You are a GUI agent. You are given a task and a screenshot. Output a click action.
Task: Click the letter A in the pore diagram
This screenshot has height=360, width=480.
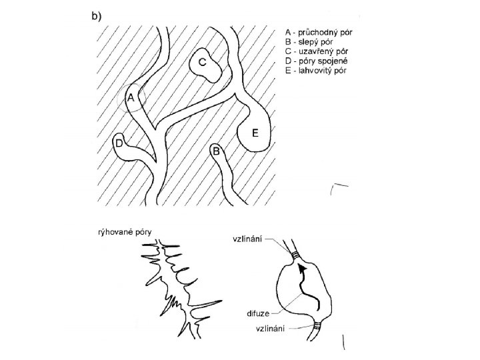(x=131, y=98)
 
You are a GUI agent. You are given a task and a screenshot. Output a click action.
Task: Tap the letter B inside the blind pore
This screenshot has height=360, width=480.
(x=216, y=151)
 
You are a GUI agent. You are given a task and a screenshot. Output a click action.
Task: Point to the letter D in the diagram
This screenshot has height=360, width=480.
(x=119, y=143)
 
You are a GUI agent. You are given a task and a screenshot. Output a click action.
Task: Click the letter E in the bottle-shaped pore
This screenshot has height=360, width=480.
(x=255, y=133)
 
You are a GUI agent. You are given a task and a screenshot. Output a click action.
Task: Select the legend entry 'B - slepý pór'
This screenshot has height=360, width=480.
(x=309, y=41)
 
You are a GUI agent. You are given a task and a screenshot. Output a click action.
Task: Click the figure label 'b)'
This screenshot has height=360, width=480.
(x=96, y=17)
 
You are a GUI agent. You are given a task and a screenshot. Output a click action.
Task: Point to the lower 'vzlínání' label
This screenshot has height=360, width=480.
(x=271, y=329)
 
